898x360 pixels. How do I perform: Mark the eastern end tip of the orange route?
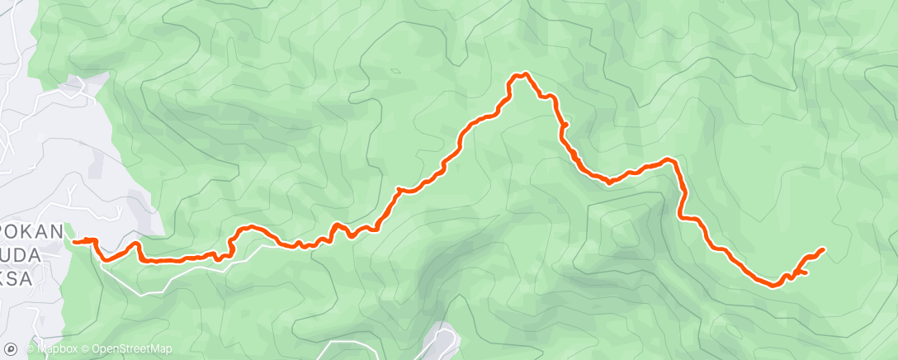823,249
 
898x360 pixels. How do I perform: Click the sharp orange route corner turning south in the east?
673,160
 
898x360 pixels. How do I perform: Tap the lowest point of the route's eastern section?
773,286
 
